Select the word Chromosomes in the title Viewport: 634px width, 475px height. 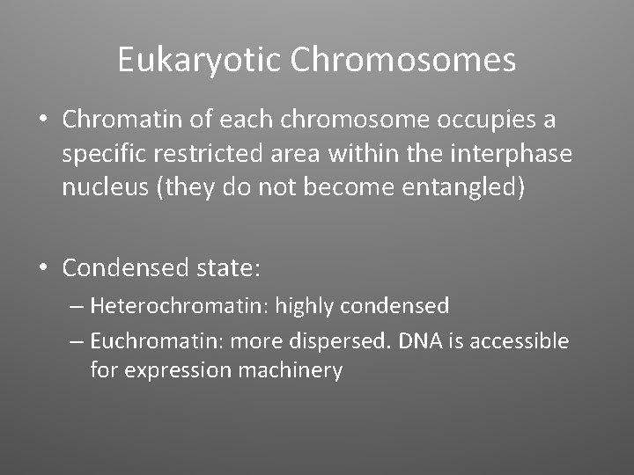(403, 60)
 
